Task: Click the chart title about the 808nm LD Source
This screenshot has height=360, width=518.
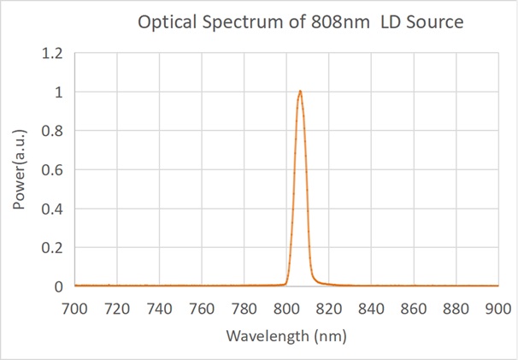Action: [300, 23]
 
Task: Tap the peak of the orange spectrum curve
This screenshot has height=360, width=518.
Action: [300, 91]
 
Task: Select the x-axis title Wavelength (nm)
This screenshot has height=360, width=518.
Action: [285, 336]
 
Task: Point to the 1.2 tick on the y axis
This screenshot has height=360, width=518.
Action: [52, 53]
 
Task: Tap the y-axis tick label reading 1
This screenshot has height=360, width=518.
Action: [60, 92]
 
